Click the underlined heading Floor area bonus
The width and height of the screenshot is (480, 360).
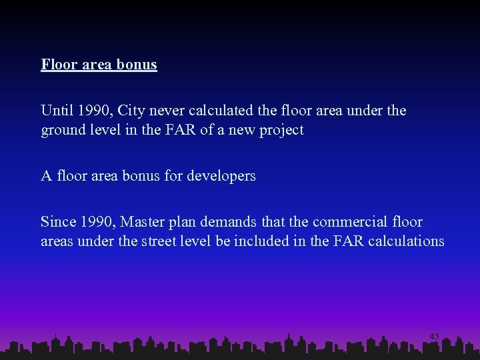99,65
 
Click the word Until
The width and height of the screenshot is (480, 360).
57,110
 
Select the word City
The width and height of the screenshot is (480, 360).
132,110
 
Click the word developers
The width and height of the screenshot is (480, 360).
221,176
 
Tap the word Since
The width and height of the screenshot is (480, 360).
58,221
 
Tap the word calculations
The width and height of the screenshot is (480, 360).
405,241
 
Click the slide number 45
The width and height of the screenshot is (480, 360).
434,337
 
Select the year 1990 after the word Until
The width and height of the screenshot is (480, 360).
95,110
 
